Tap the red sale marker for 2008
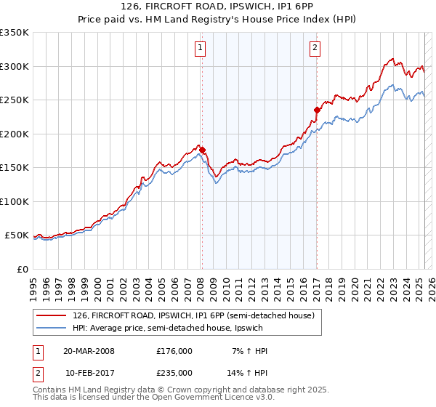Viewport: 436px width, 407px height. click(x=203, y=150)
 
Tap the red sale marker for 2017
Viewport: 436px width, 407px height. click(x=317, y=110)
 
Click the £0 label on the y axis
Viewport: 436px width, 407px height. click(x=22, y=269)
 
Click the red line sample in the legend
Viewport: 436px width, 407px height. click(x=52, y=315)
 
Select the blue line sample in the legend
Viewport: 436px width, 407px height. click(x=52, y=329)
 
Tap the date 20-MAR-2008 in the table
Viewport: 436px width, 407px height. click(x=89, y=351)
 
